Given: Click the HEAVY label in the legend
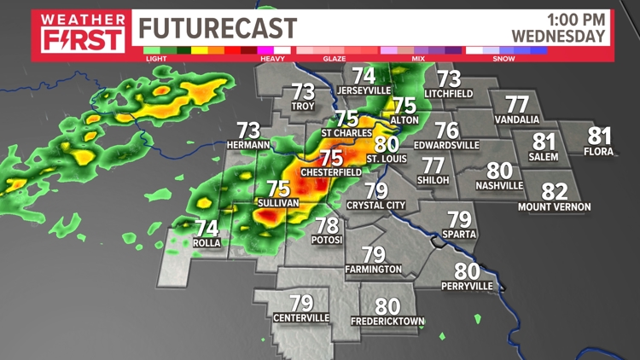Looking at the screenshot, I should click(271, 58).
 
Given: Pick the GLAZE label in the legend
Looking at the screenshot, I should click(334, 58).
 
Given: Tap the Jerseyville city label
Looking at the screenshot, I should click(364, 90).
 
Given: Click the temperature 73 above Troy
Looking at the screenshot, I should click(303, 91).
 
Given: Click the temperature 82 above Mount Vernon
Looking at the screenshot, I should click(555, 192).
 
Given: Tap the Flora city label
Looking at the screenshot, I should click(599, 151).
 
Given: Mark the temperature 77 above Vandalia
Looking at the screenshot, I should click(516, 104).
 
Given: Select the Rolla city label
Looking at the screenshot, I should click(207, 243).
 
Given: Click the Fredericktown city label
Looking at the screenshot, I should click(387, 321).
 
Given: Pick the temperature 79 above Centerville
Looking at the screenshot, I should click(301, 303).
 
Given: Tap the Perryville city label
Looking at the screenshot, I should click(468, 286).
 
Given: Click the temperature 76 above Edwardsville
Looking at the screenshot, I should click(446, 131).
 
